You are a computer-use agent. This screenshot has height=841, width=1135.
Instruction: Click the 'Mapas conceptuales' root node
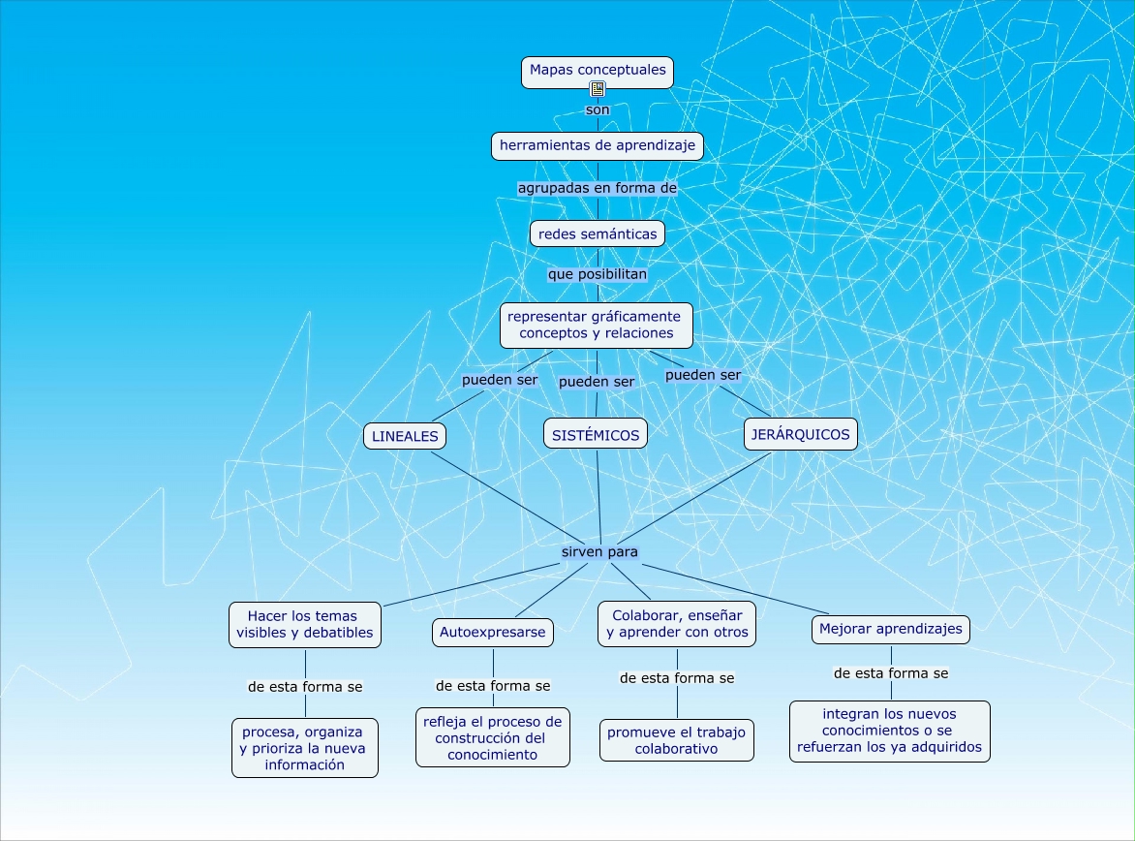[598, 71]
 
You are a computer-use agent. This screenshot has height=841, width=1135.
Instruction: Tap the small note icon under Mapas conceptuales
[598, 90]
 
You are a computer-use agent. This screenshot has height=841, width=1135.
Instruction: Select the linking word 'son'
[598, 109]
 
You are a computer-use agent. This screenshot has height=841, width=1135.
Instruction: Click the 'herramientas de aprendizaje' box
[597, 145]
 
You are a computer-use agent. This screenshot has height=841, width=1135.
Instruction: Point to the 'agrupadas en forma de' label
[597, 188]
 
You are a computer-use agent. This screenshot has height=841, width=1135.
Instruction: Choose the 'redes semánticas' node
[598, 234]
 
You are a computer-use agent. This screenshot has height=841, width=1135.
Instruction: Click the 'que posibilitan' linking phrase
[597, 273]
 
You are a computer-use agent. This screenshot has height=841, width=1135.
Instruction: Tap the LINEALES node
[405, 436]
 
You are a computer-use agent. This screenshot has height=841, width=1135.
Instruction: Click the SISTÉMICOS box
[596, 435]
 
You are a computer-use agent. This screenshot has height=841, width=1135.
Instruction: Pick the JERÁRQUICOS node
[800, 434]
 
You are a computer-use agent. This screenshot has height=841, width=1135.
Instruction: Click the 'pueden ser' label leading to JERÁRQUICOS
[703, 374]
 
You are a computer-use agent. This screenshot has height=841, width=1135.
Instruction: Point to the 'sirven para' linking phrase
[599, 552]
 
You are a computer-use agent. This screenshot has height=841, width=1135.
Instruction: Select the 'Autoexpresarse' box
[492, 633]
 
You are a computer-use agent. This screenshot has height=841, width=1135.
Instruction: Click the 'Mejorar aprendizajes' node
[890, 629]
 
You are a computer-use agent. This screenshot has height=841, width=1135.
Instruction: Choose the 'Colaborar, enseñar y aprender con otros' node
[677, 624]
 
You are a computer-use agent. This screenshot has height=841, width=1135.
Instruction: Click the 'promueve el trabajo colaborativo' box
[676, 740]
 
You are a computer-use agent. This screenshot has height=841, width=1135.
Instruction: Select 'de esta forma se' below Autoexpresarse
[493, 685]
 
